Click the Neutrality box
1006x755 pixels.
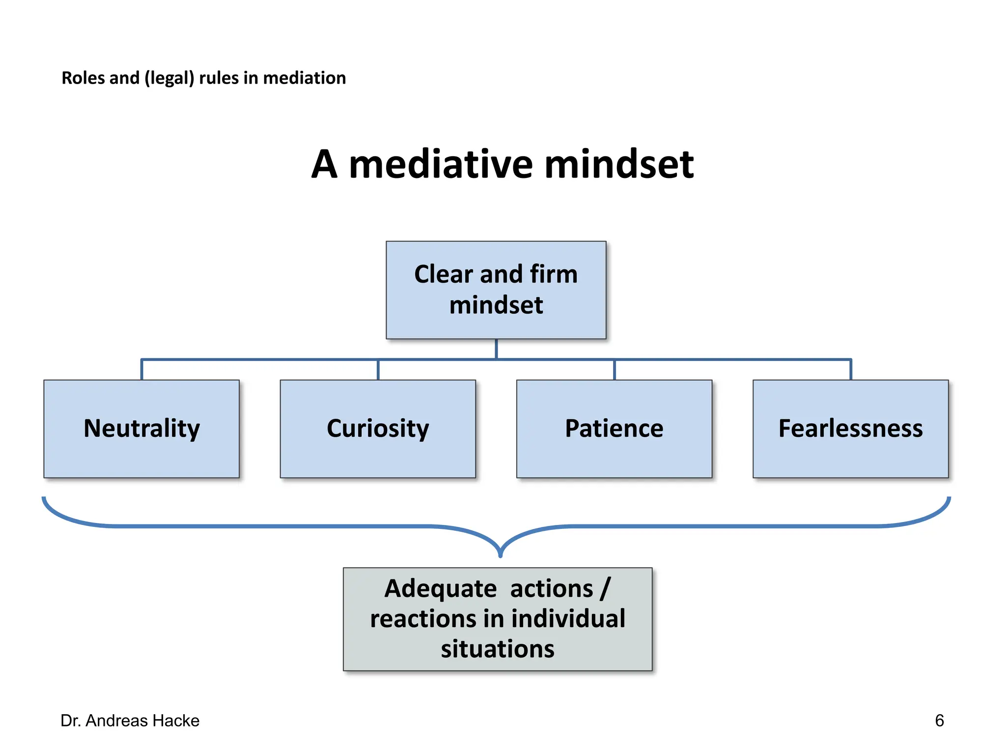[x=141, y=429]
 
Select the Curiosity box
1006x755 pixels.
[x=378, y=429]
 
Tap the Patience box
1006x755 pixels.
[x=614, y=429]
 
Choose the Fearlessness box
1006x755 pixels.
[x=850, y=429]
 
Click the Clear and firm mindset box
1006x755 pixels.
[x=496, y=290]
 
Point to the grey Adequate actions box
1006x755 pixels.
[x=497, y=619]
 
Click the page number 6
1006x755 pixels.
[x=939, y=721]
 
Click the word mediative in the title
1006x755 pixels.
[x=440, y=165]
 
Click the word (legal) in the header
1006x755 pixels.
[x=169, y=78]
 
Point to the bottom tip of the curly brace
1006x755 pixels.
[x=500, y=555]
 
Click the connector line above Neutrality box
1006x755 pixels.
[x=142, y=370]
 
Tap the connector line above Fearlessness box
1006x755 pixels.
[x=851, y=370]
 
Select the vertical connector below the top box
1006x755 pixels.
[x=496, y=349]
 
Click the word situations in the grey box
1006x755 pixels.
[x=497, y=649]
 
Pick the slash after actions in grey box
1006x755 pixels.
[x=605, y=588]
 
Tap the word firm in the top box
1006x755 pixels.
[x=554, y=274]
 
